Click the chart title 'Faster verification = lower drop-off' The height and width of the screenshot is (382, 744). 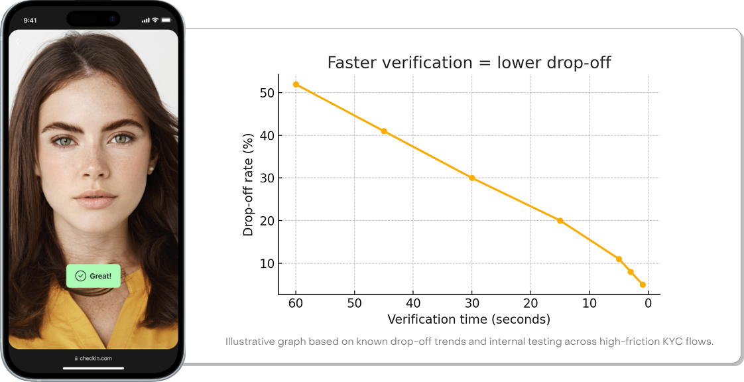[469, 63]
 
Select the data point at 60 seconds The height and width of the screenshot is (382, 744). [296, 84]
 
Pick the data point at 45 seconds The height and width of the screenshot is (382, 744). [384, 131]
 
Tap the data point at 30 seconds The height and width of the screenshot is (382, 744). [471, 178]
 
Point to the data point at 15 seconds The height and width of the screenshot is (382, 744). [560, 221]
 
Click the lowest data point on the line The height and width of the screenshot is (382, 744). [643, 285]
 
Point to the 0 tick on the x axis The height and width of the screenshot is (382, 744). [648, 304]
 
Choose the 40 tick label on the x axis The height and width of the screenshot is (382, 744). [413, 304]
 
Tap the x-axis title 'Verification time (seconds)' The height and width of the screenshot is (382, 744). [469, 320]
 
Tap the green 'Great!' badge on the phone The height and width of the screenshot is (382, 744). [93, 276]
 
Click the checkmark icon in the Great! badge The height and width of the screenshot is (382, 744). [81, 276]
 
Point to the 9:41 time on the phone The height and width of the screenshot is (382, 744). [30, 20]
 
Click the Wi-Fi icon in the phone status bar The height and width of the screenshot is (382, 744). [155, 20]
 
